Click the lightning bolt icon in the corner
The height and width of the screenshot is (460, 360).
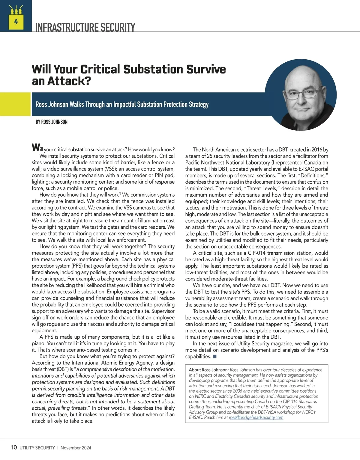tap(16, 22)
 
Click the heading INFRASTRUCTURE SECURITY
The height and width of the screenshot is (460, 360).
tap(85, 27)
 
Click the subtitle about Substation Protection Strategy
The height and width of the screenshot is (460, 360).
tap(122, 105)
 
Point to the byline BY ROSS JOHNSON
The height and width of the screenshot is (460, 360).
tap(51, 122)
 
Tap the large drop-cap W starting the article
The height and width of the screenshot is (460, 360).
tap(35, 148)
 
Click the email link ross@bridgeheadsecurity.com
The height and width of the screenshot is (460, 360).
tap(256, 417)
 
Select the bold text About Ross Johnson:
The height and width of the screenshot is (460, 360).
tap(209, 370)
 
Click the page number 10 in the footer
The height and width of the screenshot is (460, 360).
tap(13, 448)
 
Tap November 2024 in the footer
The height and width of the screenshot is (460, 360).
tap(76, 448)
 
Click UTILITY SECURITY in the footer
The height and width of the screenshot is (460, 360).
tap(37, 448)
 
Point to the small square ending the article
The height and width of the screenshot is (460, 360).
tap(214, 356)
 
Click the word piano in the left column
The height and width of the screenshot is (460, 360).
tap(39, 343)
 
